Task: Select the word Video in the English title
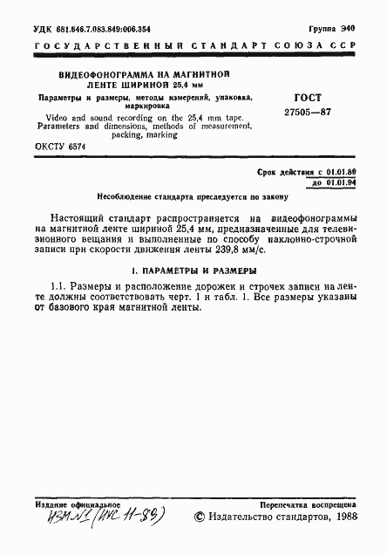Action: [x=49, y=117]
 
